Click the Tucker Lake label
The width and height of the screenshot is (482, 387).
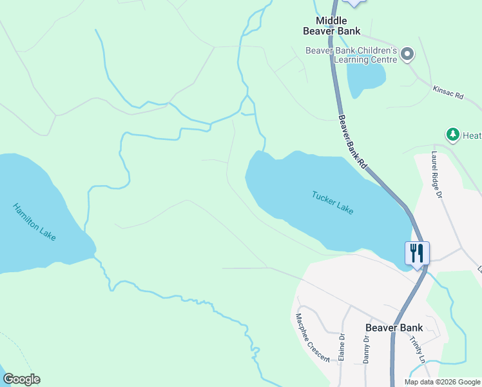333,203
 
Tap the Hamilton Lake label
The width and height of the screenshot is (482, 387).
34,222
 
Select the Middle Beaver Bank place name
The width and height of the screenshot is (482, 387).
332,26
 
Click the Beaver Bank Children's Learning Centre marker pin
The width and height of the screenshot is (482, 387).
407,55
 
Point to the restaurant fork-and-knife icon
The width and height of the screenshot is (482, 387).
417,252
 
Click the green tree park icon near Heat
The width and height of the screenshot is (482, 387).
452,135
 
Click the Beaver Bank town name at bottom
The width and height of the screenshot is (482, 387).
394,327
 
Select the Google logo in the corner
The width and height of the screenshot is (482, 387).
21,379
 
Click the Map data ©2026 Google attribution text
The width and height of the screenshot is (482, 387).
442,382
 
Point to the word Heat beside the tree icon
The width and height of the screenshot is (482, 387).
471,135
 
